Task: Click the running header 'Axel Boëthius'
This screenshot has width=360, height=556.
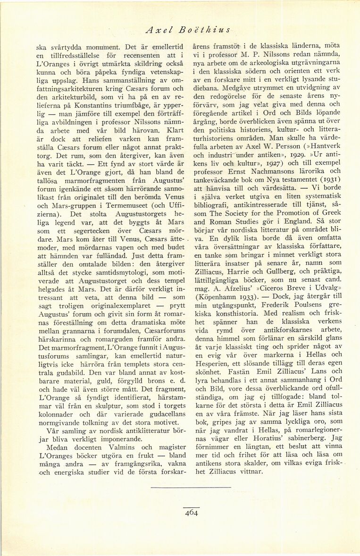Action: pos(187,30)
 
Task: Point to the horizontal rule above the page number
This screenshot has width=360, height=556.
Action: pos(191,487)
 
